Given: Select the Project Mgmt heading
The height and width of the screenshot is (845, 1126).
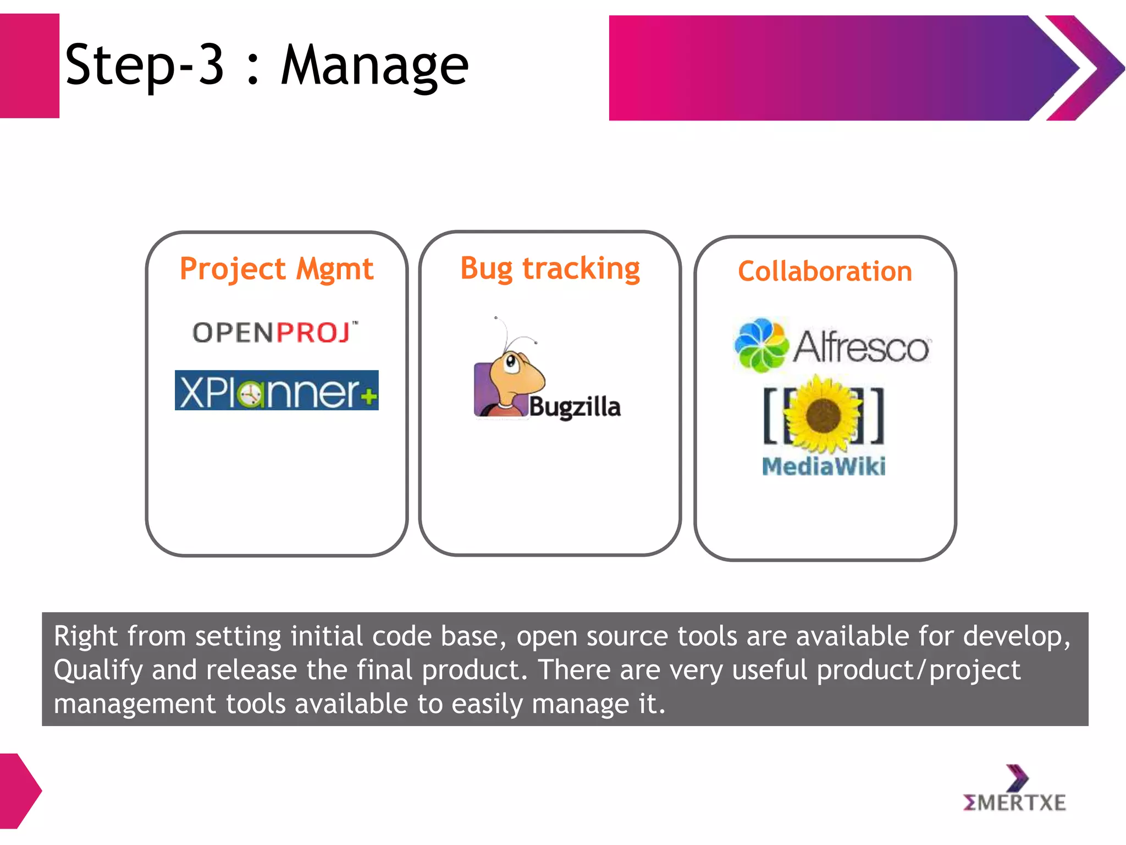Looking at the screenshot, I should [277, 269].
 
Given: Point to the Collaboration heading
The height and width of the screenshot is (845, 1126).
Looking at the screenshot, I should [825, 271].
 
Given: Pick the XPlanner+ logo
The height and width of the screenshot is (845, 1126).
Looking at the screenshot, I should [277, 391].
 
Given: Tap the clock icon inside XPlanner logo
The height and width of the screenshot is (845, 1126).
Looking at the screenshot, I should [250, 394].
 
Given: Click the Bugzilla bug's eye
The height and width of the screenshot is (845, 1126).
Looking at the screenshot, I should [511, 362].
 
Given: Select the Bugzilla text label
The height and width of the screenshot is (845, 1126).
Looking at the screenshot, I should [575, 407].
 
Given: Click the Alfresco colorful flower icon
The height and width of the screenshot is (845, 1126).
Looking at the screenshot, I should [761, 345].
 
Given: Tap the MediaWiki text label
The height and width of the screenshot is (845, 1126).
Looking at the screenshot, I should [824, 467].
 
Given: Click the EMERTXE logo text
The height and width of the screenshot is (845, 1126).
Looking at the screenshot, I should [1014, 803].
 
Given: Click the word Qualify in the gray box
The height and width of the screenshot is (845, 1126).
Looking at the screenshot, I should [98, 670].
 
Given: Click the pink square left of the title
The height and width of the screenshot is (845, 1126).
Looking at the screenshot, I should [29, 66].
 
